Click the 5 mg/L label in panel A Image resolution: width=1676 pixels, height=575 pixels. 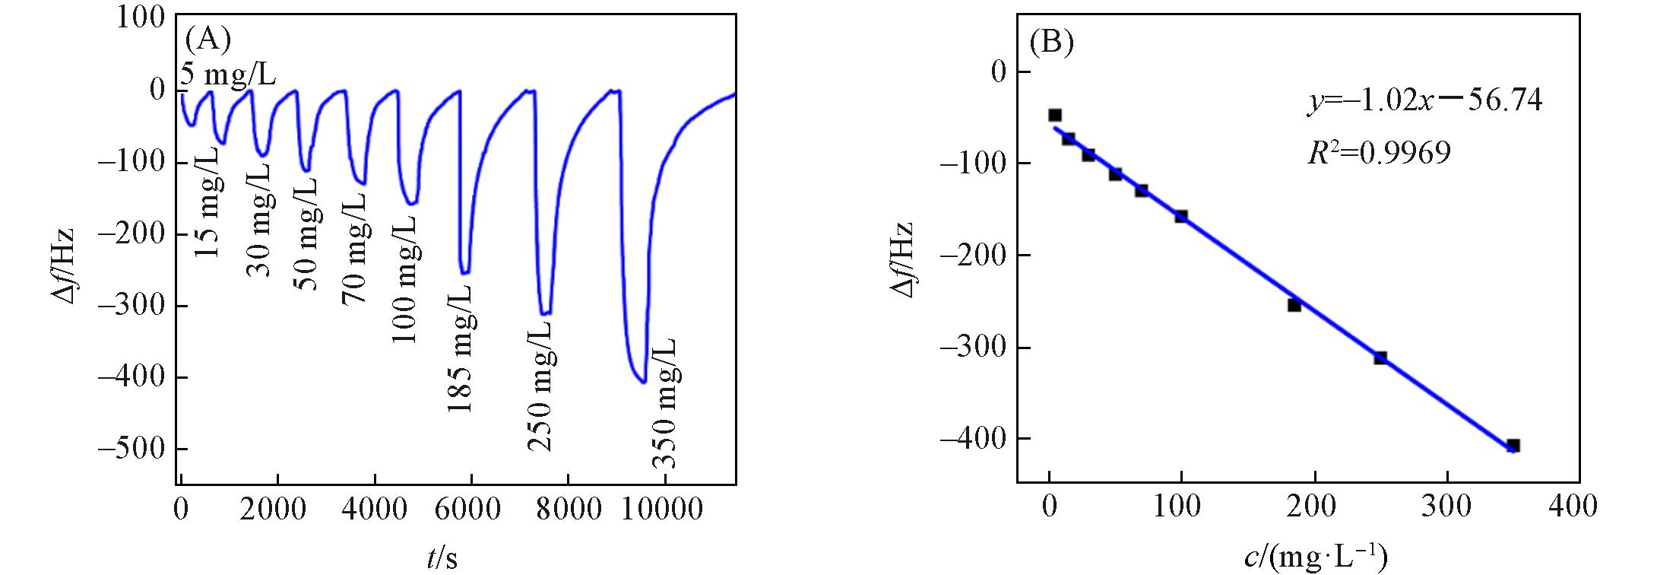pyautogui.click(x=228, y=75)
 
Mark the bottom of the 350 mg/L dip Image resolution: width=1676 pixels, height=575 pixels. pyautogui.click(x=643, y=382)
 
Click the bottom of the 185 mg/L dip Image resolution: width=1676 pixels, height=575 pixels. pyautogui.click(x=465, y=272)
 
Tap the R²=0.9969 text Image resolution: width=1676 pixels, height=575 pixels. pyautogui.click(x=1378, y=153)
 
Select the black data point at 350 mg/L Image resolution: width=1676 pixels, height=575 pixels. pyautogui.click(x=1513, y=446)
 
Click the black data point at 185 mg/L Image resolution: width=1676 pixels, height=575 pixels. pyautogui.click(x=1294, y=305)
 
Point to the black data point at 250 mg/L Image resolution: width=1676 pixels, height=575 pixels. pyautogui.click(x=1380, y=357)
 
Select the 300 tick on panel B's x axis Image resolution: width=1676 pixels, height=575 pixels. pyautogui.click(x=1446, y=508)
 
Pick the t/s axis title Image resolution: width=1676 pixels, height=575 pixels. pyautogui.click(x=441, y=558)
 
